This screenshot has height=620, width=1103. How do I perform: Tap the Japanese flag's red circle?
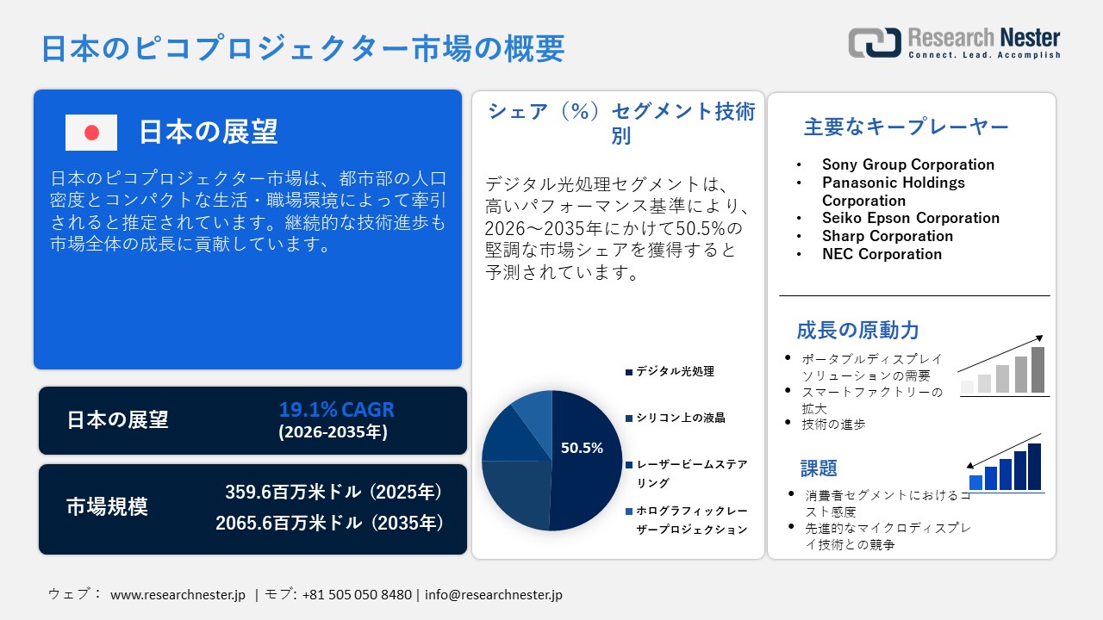point(91,133)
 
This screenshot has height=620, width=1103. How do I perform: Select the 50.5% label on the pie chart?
point(582,448)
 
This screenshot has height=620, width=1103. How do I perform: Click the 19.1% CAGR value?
point(336,409)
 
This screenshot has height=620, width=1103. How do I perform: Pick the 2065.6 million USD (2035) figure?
point(330,523)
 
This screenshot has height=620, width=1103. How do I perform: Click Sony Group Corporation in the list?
point(907,164)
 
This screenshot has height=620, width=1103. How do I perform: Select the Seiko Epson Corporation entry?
point(910,218)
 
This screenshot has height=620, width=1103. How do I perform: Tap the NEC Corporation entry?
point(882,254)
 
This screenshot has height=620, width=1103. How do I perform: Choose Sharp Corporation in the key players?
point(887,236)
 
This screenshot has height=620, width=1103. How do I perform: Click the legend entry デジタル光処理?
point(675,372)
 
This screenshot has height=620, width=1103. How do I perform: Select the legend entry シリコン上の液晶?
point(680,418)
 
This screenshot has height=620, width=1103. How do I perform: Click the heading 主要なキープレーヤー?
point(906,127)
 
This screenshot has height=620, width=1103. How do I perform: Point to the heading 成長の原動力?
point(857,330)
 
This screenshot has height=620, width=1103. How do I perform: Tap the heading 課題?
point(819,468)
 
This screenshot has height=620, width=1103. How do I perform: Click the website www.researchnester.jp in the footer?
point(178,595)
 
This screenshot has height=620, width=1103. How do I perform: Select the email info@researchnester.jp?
point(494,595)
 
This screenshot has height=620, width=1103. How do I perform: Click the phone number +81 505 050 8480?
point(357,595)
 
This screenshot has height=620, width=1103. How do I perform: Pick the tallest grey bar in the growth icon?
point(1038,369)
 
